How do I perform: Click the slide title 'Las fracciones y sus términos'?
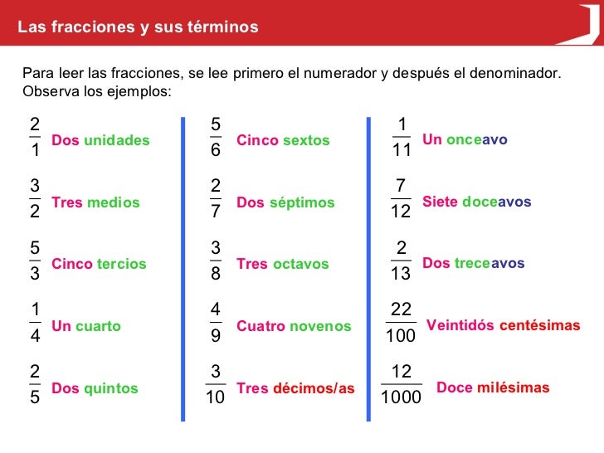click(x=138, y=27)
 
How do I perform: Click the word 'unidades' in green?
click(x=117, y=140)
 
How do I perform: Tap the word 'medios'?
click(x=114, y=202)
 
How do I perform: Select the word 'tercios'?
click(x=121, y=264)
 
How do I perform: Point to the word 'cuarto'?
click(x=98, y=326)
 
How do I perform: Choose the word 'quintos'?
click(x=111, y=388)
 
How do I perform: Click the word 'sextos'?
click(x=306, y=140)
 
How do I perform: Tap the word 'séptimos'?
click(x=302, y=202)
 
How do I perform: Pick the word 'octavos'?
click(x=300, y=264)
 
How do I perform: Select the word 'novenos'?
click(x=320, y=327)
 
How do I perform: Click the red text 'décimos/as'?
click(x=314, y=388)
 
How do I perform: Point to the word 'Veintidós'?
click(x=460, y=325)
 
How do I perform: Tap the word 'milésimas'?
click(x=513, y=387)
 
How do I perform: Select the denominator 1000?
click(x=401, y=398)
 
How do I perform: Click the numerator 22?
click(x=401, y=309)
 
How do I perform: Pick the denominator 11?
click(x=401, y=151)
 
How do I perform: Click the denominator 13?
click(x=401, y=275)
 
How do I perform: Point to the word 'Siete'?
click(x=440, y=202)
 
